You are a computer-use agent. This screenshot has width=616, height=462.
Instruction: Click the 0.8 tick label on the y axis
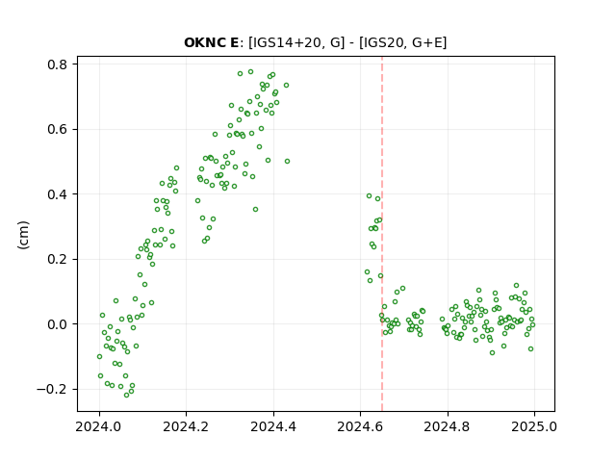coord(58,64)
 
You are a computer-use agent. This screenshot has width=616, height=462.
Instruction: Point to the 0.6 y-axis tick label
coord(58,129)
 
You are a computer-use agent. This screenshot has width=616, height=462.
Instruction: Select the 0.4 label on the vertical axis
coord(58,194)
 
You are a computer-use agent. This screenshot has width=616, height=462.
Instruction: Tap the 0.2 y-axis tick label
coord(58,259)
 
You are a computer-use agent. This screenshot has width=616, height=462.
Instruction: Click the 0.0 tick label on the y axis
coord(58,324)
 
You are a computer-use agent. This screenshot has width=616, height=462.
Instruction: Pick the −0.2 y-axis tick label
coord(53,389)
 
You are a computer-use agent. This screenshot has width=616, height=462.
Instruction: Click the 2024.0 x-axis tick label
coord(99,426)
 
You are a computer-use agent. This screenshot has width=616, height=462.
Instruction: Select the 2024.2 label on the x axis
coord(186,426)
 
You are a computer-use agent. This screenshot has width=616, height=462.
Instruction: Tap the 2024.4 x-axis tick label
coord(273,426)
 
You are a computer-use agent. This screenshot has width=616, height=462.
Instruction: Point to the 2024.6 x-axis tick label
coord(360,426)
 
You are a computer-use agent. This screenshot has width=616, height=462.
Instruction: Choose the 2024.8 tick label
coord(447,426)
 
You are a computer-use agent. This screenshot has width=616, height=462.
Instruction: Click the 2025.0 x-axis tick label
coord(534,426)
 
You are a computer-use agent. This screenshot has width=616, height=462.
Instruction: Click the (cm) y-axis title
coord(23,235)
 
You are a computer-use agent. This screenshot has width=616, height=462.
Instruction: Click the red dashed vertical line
coord(382,234)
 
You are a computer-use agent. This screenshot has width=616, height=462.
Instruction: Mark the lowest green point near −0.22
coord(126,395)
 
